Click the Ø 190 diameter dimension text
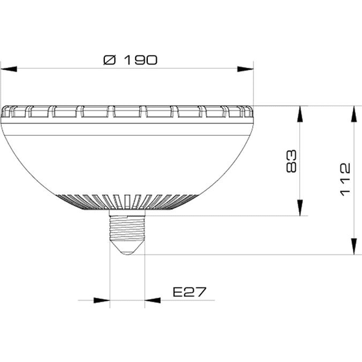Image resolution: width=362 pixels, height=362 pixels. [130, 60]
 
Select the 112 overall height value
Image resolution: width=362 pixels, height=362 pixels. [345, 179]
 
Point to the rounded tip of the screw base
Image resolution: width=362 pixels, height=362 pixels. [127, 250]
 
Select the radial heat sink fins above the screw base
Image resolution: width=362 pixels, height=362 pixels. [127, 202]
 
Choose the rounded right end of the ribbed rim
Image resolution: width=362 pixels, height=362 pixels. [248, 112]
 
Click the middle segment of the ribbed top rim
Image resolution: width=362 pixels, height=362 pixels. [127, 112]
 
